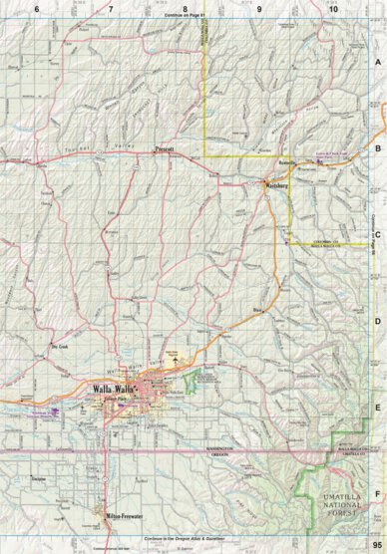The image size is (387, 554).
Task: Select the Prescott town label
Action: pyautogui.click(x=165, y=149)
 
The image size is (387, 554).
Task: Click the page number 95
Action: pyautogui.click(x=377, y=545)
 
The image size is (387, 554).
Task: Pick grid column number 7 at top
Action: pyautogui.click(x=111, y=8)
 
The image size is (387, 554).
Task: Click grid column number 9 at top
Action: pyautogui.click(x=259, y=8)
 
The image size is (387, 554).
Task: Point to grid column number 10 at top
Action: pyautogui.click(x=332, y=8)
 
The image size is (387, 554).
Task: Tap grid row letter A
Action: pyautogui.click(x=378, y=62)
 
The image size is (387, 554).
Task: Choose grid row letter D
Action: pyautogui.click(x=378, y=321)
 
